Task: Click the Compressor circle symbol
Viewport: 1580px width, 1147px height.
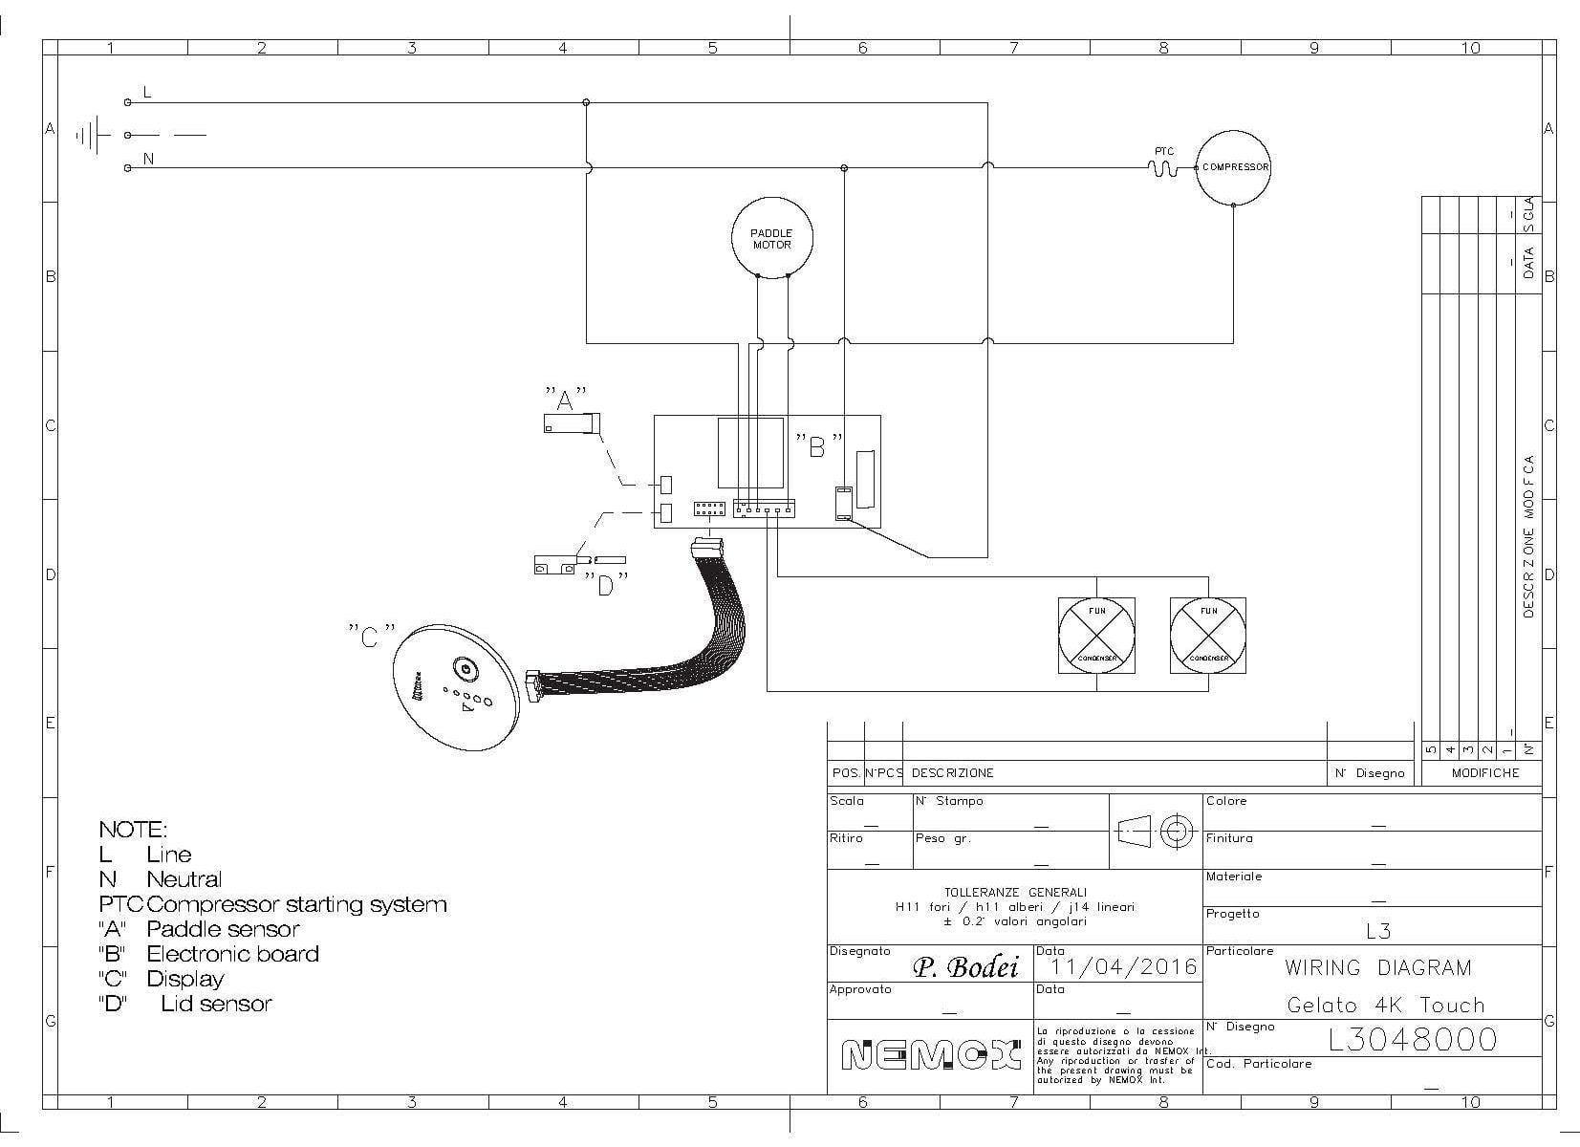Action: point(1234,167)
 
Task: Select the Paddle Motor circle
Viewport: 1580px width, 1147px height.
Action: point(771,238)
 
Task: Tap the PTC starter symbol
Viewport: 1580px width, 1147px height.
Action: point(1163,167)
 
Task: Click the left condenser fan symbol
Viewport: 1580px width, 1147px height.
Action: point(1096,636)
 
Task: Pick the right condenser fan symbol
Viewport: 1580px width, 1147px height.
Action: point(1208,636)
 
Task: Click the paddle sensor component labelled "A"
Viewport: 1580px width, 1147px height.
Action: point(570,423)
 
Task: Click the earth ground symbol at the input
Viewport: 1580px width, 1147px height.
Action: point(92,135)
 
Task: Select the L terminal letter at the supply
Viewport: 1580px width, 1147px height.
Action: point(146,92)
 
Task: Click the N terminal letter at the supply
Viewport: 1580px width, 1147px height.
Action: point(148,160)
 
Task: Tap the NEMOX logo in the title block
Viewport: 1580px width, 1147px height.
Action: point(930,1056)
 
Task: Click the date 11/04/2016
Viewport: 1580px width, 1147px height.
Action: point(1123,967)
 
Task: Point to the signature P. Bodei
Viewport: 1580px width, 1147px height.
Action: point(966,967)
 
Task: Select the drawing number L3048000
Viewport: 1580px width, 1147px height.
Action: point(1412,1039)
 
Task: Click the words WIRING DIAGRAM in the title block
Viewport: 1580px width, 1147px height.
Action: point(1377,967)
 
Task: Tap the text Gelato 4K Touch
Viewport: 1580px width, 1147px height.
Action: point(1385,1005)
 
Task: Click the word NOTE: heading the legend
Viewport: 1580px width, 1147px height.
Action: point(133,829)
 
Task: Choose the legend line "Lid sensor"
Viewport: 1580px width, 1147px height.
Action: point(215,1004)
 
